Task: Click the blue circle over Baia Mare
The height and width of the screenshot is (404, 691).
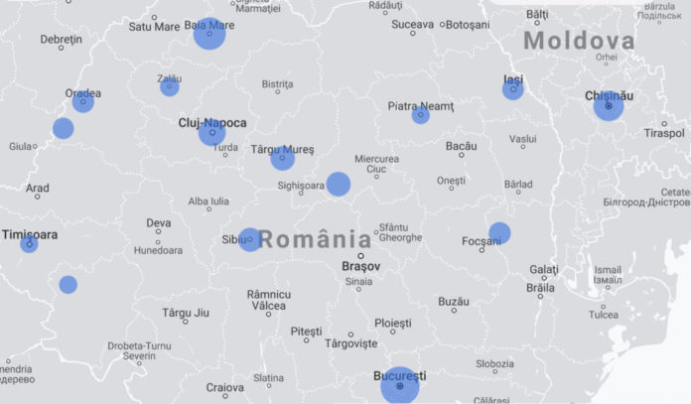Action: [209, 33]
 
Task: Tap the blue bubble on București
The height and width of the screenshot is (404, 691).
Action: [400, 385]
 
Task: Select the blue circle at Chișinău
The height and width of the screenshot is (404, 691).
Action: [609, 105]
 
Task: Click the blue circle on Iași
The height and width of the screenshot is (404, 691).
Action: [512, 89]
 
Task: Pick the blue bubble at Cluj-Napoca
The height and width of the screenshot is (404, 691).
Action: [211, 132]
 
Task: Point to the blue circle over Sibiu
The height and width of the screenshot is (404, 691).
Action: [249, 239]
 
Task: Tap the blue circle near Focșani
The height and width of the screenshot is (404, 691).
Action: [499, 233]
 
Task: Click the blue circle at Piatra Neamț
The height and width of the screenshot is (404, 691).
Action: [421, 115]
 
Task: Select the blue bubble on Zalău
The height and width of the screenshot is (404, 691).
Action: [170, 86]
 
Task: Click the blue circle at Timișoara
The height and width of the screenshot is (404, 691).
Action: [29, 243]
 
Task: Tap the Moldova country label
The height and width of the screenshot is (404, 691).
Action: [579, 41]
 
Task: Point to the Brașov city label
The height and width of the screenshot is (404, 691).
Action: [360, 266]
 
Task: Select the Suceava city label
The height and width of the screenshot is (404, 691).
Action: [412, 24]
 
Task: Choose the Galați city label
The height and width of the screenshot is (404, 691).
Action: [544, 269]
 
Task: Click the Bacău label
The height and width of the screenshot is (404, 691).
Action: [461, 146]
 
